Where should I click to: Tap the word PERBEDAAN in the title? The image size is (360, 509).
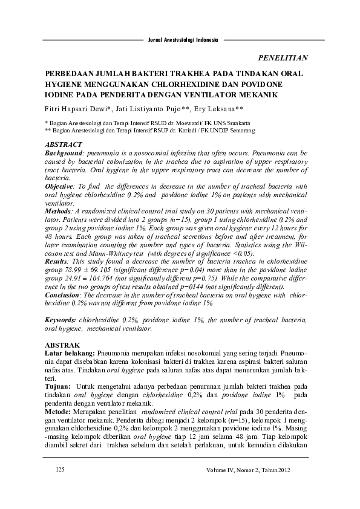[73, 74]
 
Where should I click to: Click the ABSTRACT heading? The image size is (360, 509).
[64, 146]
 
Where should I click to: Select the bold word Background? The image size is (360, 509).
[67, 155]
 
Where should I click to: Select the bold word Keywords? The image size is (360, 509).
[62, 319]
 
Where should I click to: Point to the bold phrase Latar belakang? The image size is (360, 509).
[70, 352]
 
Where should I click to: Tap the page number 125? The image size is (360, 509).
[60, 469]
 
